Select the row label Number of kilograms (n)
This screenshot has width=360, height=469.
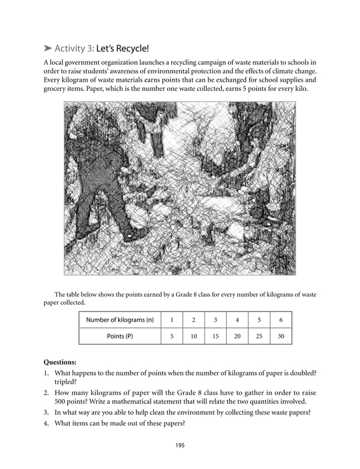pos(120,320)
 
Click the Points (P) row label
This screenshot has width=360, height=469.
pos(120,336)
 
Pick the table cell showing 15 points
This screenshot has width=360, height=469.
pos(215,336)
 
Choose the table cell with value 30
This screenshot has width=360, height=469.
pos(280,336)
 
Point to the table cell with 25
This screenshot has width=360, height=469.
pos(259,336)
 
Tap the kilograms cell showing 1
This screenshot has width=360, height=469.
pos(172,320)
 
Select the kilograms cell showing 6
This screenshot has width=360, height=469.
pos(280,320)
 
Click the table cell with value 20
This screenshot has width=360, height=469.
pos(237,336)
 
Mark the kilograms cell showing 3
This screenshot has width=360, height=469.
pos(215,320)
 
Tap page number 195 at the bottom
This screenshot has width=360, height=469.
pos(179,445)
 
